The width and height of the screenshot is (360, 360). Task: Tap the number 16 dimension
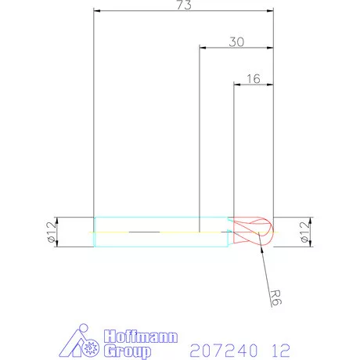click(253, 79)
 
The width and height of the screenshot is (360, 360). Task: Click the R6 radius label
click(273, 297)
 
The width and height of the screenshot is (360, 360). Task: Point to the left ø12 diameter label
click(52, 232)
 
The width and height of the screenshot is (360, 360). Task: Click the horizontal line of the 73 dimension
click(141, 12)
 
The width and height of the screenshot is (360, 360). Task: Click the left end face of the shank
click(95, 232)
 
